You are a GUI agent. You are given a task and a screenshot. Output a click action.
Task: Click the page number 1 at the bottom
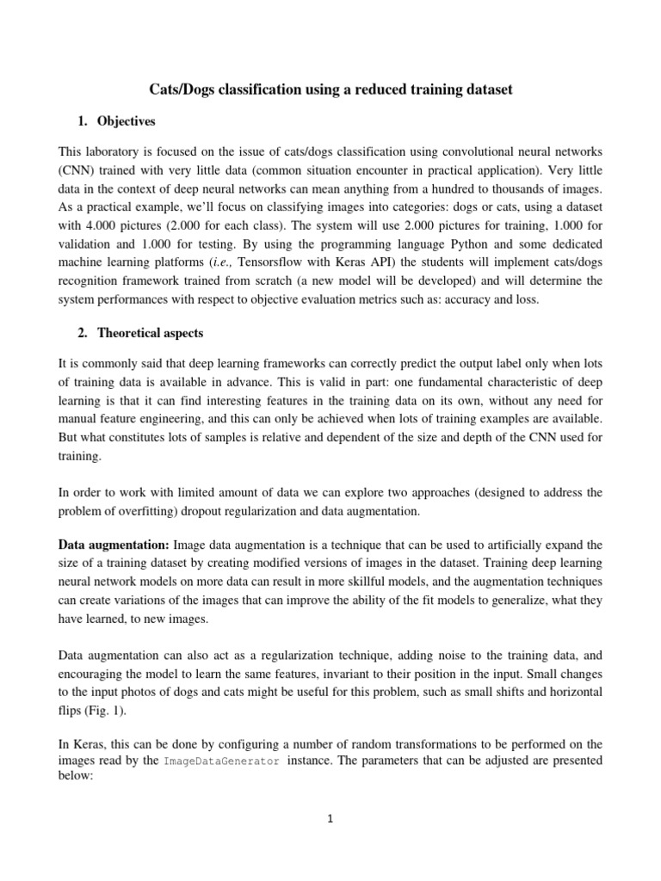tap(330, 819)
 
